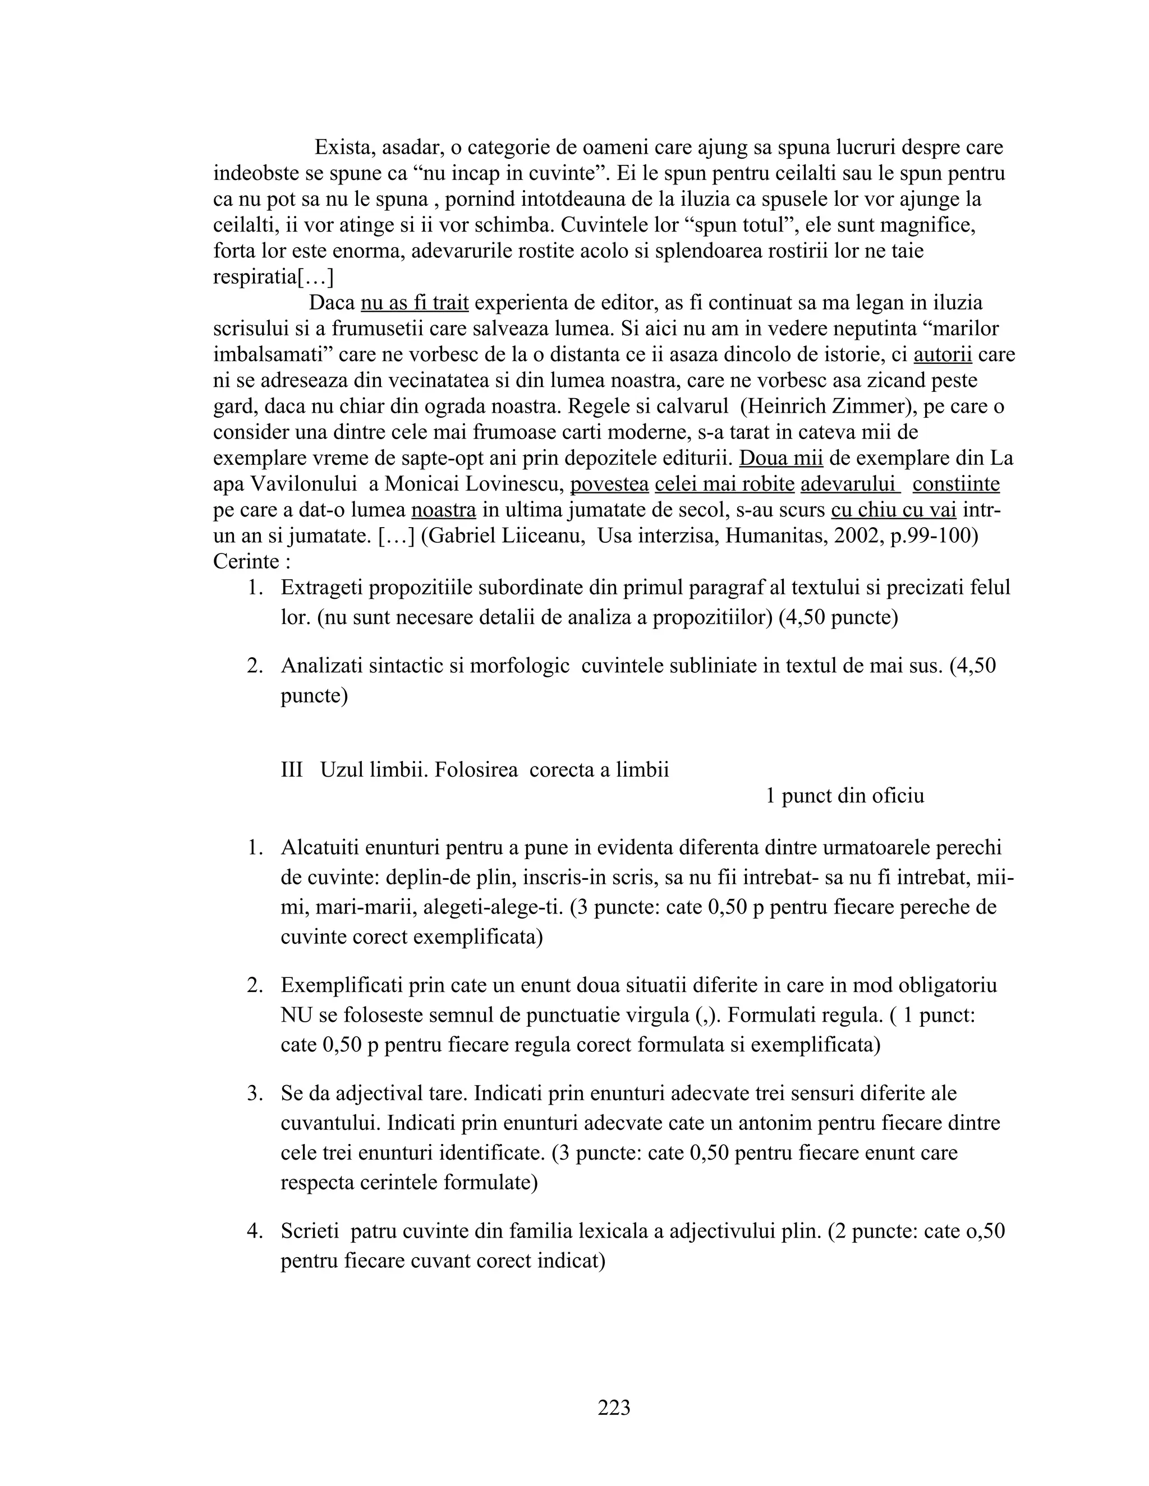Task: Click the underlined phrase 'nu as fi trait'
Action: click(x=414, y=303)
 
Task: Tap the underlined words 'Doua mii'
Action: click(x=781, y=459)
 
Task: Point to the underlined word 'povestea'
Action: click(x=609, y=484)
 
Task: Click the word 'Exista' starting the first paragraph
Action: click(x=343, y=147)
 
